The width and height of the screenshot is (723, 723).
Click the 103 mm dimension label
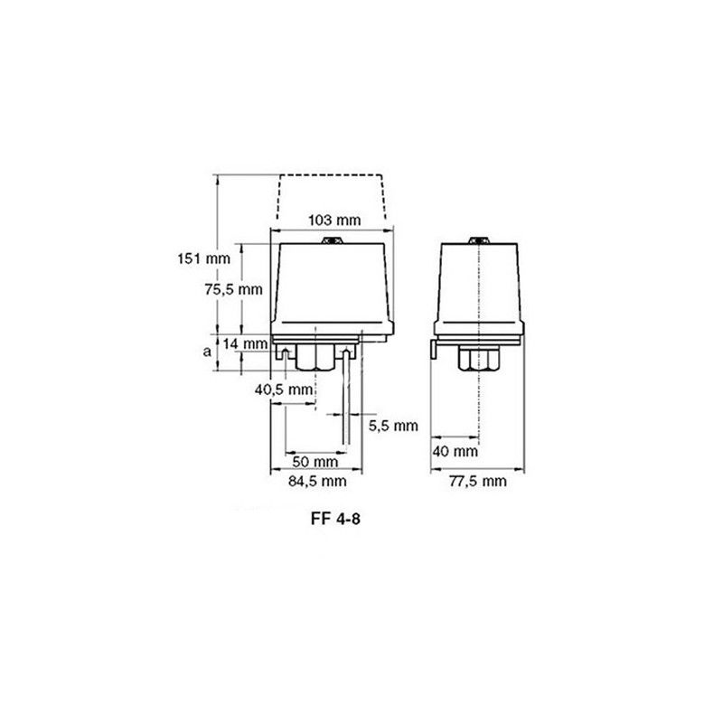click(334, 220)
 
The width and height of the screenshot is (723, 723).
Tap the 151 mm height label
click(204, 258)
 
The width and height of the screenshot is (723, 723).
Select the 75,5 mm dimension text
click(233, 289)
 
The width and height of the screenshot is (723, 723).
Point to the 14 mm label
click(245, 343)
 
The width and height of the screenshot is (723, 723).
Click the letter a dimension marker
click(208, 352)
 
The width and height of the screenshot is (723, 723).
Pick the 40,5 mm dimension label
click(284, 390)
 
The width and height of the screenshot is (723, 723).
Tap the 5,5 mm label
click(393, 426)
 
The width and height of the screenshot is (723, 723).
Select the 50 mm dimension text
click(315, 462)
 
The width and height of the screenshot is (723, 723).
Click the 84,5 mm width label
click(317, 482)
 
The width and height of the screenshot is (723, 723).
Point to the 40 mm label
click(455, 451)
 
